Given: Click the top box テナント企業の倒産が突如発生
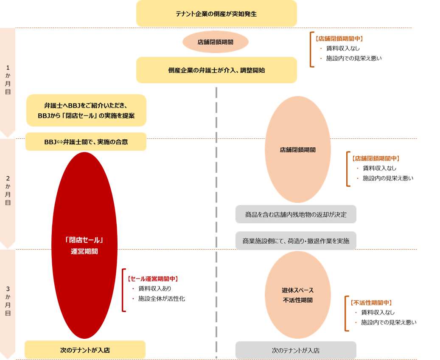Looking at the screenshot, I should [x=216, y=14].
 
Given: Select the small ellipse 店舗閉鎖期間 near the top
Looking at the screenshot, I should [x=215, y=42].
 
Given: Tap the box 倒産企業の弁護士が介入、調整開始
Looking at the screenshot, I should [x=216, y=70].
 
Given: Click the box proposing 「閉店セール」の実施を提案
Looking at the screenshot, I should [x=86, y=110].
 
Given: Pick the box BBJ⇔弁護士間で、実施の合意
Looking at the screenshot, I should [x=86, y=142].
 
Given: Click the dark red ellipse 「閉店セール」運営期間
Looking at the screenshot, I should [x=84, y=245].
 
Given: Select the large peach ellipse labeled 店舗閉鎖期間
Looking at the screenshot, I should [x=297, y=150].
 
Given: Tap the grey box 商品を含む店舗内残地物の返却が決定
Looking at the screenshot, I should [x=296, y=214].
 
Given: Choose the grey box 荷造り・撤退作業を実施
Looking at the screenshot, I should [x=296, y=241].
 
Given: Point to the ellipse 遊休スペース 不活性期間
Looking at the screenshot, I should [x=297, y=295].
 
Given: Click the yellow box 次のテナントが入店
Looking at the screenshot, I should [x=85, y=350].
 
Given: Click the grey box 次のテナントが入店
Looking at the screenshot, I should [x=296, y=351].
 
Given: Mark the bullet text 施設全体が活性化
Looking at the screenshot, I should [x=161, y=298].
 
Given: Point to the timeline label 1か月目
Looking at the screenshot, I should [x=8, y=79].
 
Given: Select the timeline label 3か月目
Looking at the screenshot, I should [x=8, y=301].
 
